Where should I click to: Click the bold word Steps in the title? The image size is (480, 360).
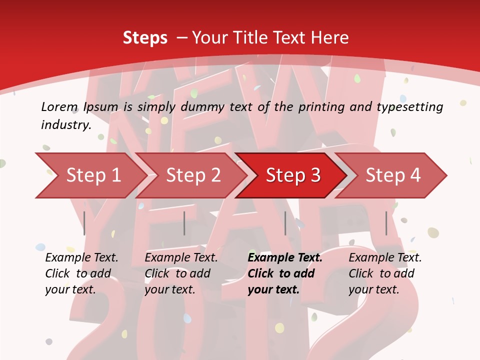click(x=145, y=38)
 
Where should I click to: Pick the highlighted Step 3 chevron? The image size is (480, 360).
click(x=293, y=175)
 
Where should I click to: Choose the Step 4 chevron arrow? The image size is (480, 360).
click(x=393, y=175)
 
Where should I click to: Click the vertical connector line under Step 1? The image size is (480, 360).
click(x=84, y=223)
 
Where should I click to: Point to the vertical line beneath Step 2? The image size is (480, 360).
click(x=184, y=223)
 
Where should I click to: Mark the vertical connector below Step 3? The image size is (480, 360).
click(x=285, y=223)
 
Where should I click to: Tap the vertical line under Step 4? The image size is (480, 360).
click(x=386, y=223)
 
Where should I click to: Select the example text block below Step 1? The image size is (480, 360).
click(x=81, y=273)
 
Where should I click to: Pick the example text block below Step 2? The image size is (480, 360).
click(x=181, y=273)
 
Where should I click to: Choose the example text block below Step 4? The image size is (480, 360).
click(x=385, y=273)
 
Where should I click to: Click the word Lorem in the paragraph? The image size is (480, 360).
click(x=59, y=106)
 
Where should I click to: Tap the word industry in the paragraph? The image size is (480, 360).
click(x=65, y=124)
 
